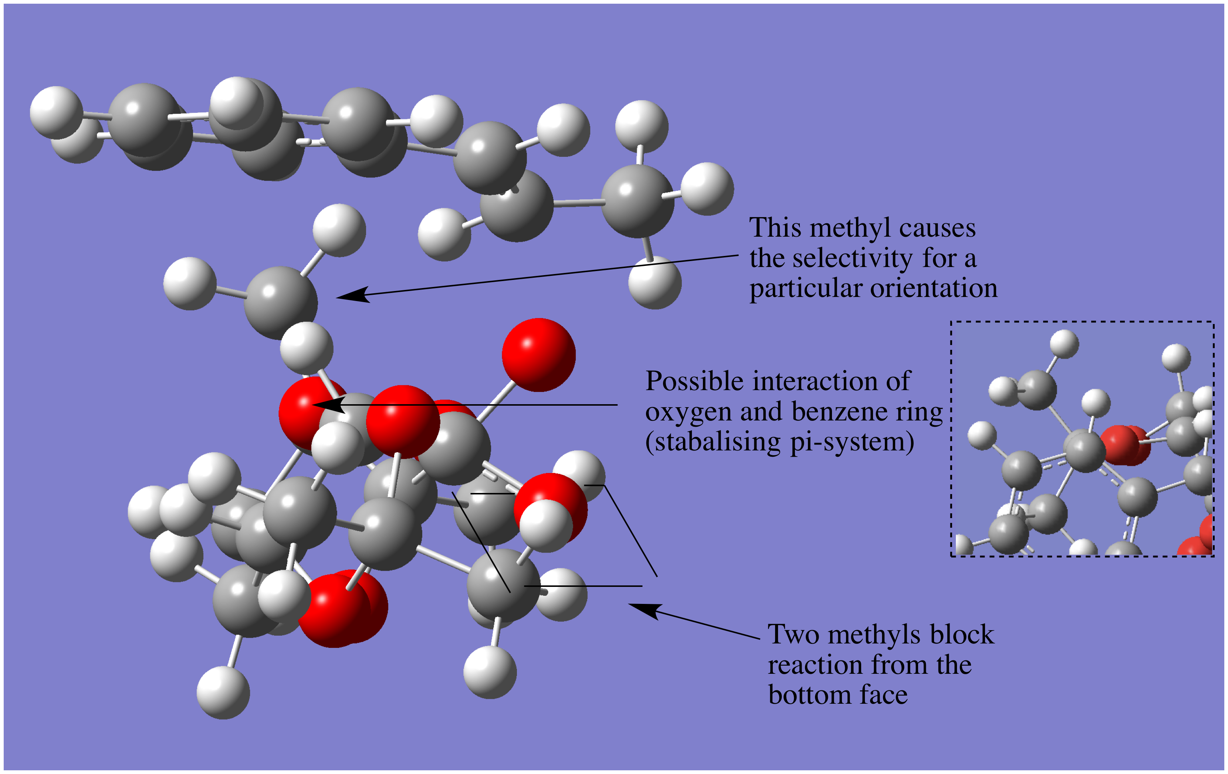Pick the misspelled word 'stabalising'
(717, 442)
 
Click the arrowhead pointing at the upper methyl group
(353, 295)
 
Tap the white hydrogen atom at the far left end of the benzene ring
(56, 113)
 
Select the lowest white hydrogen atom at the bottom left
(223, 692)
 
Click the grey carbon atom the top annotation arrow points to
(281, 303)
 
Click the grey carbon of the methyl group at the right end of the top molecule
(637, 201)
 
